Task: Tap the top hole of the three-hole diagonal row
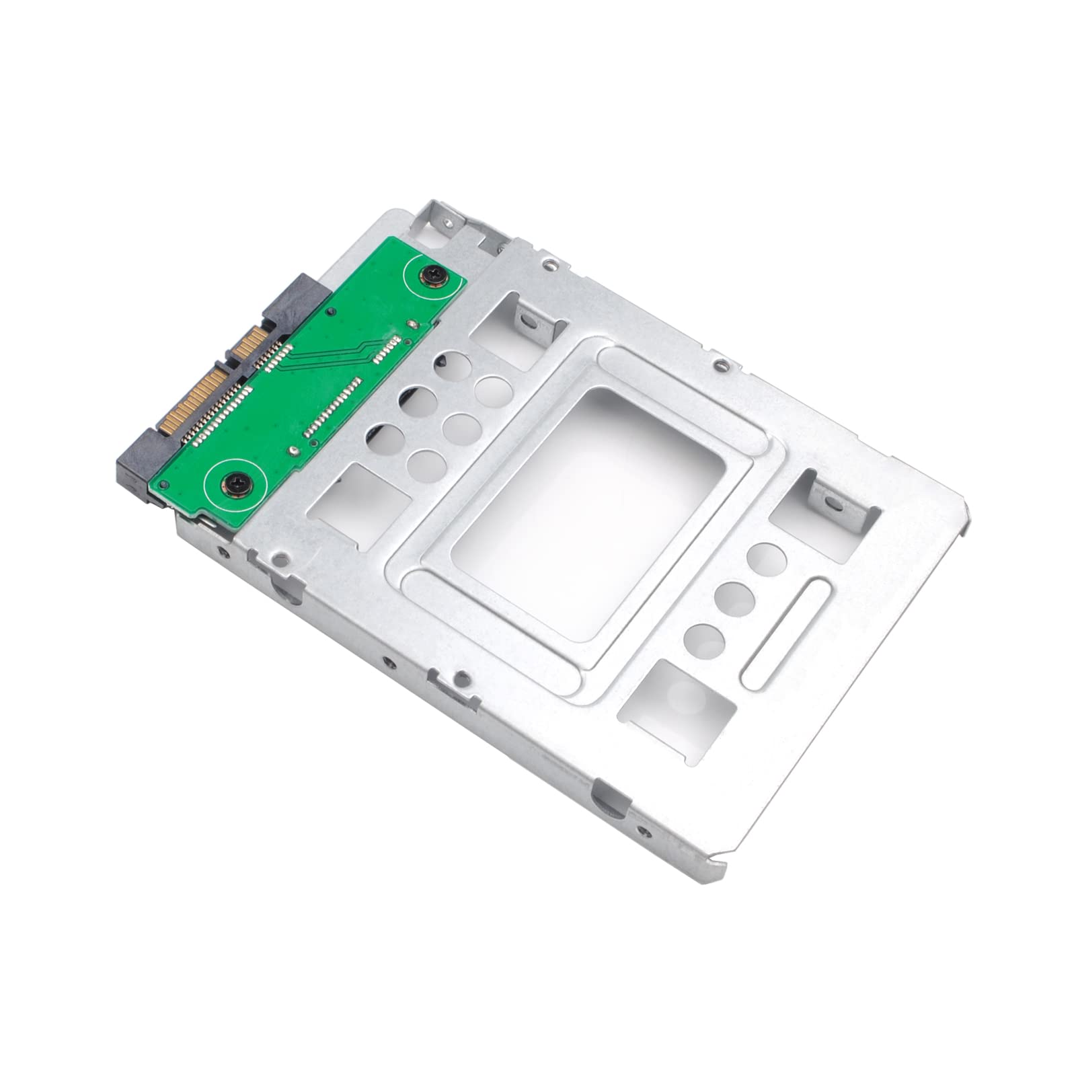[762, 558]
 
